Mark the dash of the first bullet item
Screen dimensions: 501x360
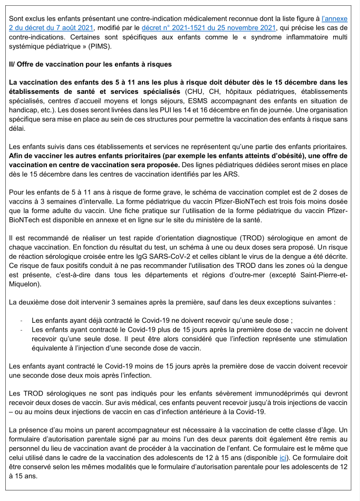click(x=21, y=321)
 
